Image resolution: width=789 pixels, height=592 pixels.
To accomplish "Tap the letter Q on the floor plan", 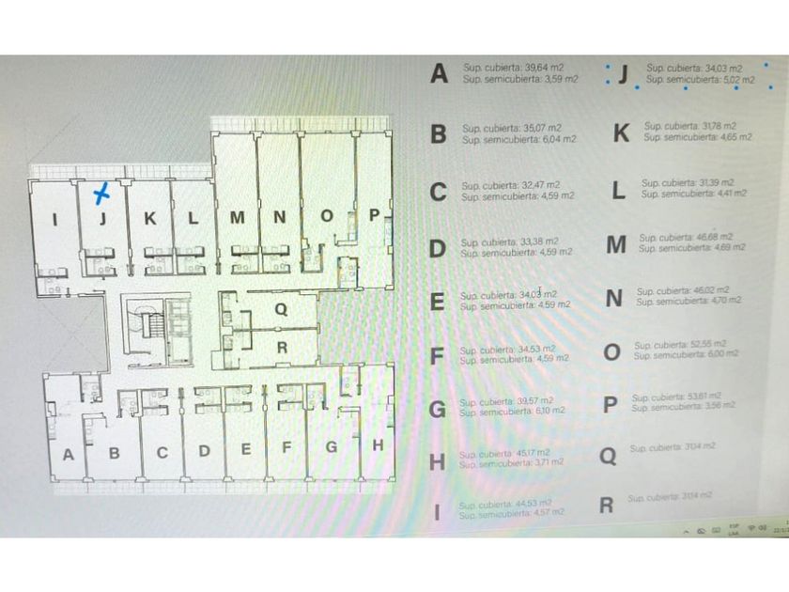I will pos(280,308).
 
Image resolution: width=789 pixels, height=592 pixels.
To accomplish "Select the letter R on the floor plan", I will pos(280,346).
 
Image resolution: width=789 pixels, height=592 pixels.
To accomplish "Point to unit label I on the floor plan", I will pos(55,221).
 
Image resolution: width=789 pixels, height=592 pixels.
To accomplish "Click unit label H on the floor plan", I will pos(378,445).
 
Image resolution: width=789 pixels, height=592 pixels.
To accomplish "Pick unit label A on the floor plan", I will pos(68,455).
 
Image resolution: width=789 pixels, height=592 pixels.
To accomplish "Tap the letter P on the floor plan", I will pos(373,215).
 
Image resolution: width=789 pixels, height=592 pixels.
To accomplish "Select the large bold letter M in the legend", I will pos(616,245).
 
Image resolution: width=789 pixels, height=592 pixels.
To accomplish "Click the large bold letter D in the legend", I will pos(437,249).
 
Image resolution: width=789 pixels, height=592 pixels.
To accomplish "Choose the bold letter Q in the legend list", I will pos(609,457).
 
